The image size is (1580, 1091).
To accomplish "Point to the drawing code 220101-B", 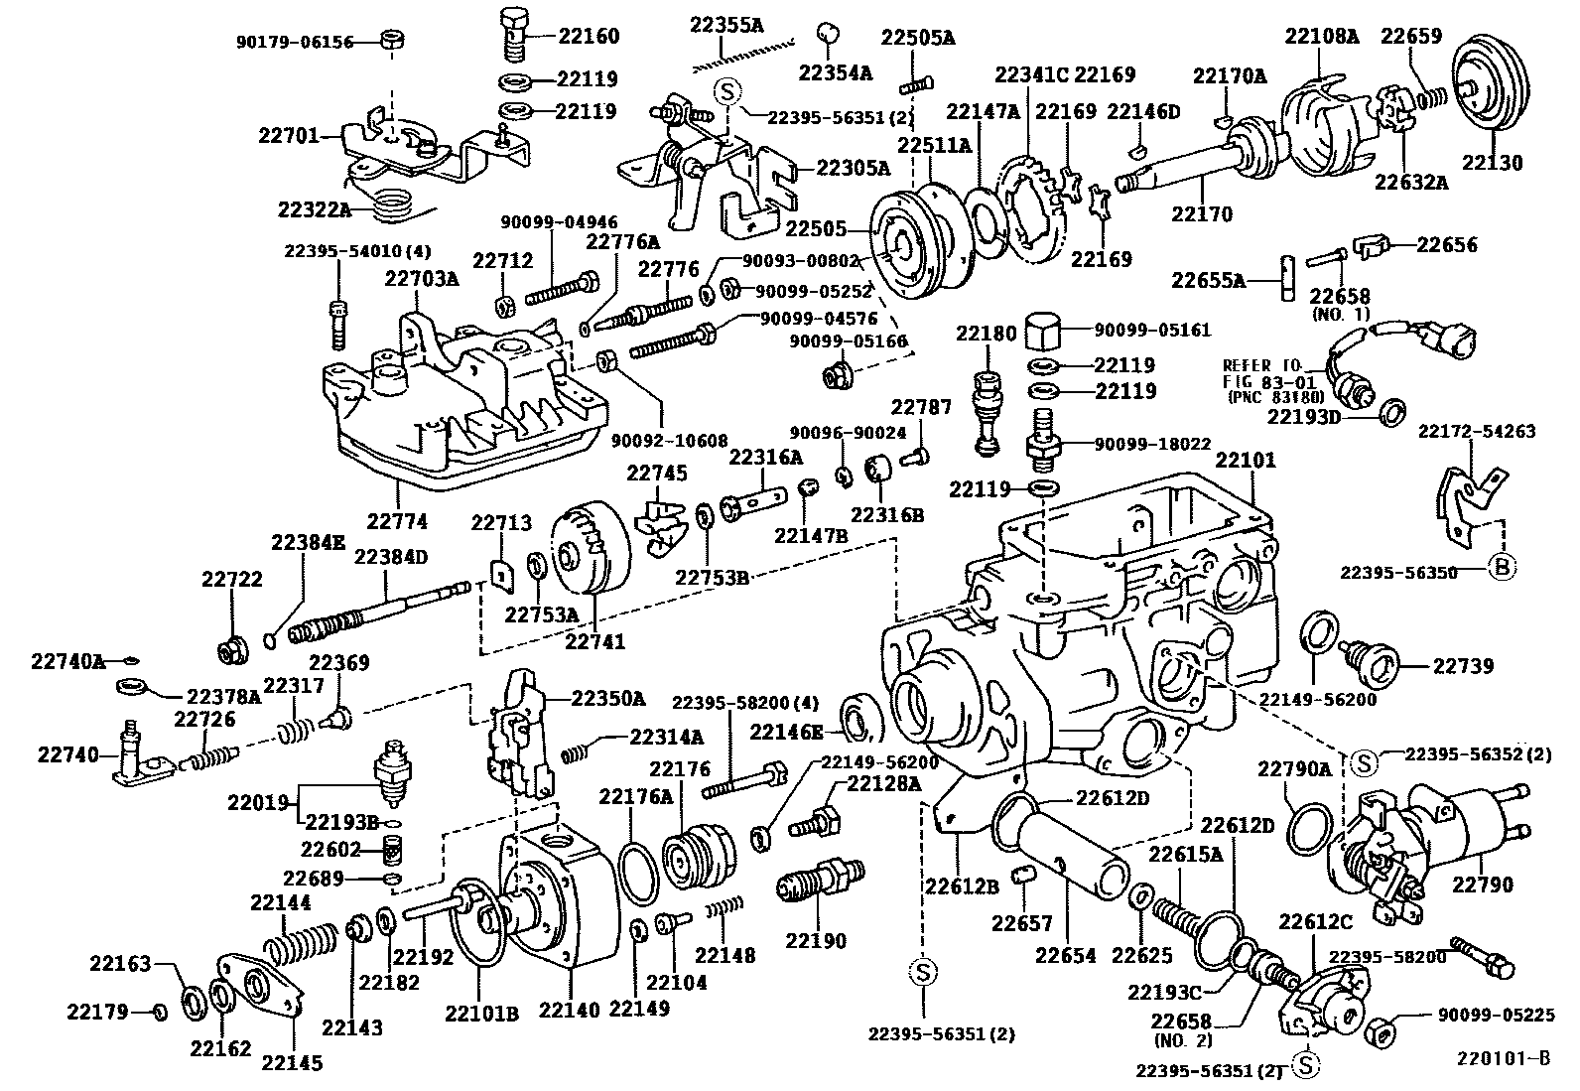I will [1503, 1058].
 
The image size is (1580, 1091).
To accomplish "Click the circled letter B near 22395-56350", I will [1503, 568].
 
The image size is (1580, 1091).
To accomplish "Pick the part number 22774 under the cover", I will [396, 521].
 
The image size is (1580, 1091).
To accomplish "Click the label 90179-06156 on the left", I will [295, 43].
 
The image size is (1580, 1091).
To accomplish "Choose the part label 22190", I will [816, 940].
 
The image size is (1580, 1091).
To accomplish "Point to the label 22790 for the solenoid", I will [1483, 885].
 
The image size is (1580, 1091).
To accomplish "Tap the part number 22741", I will [595, 642].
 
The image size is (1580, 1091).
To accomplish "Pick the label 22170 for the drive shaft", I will [1201, 214].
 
